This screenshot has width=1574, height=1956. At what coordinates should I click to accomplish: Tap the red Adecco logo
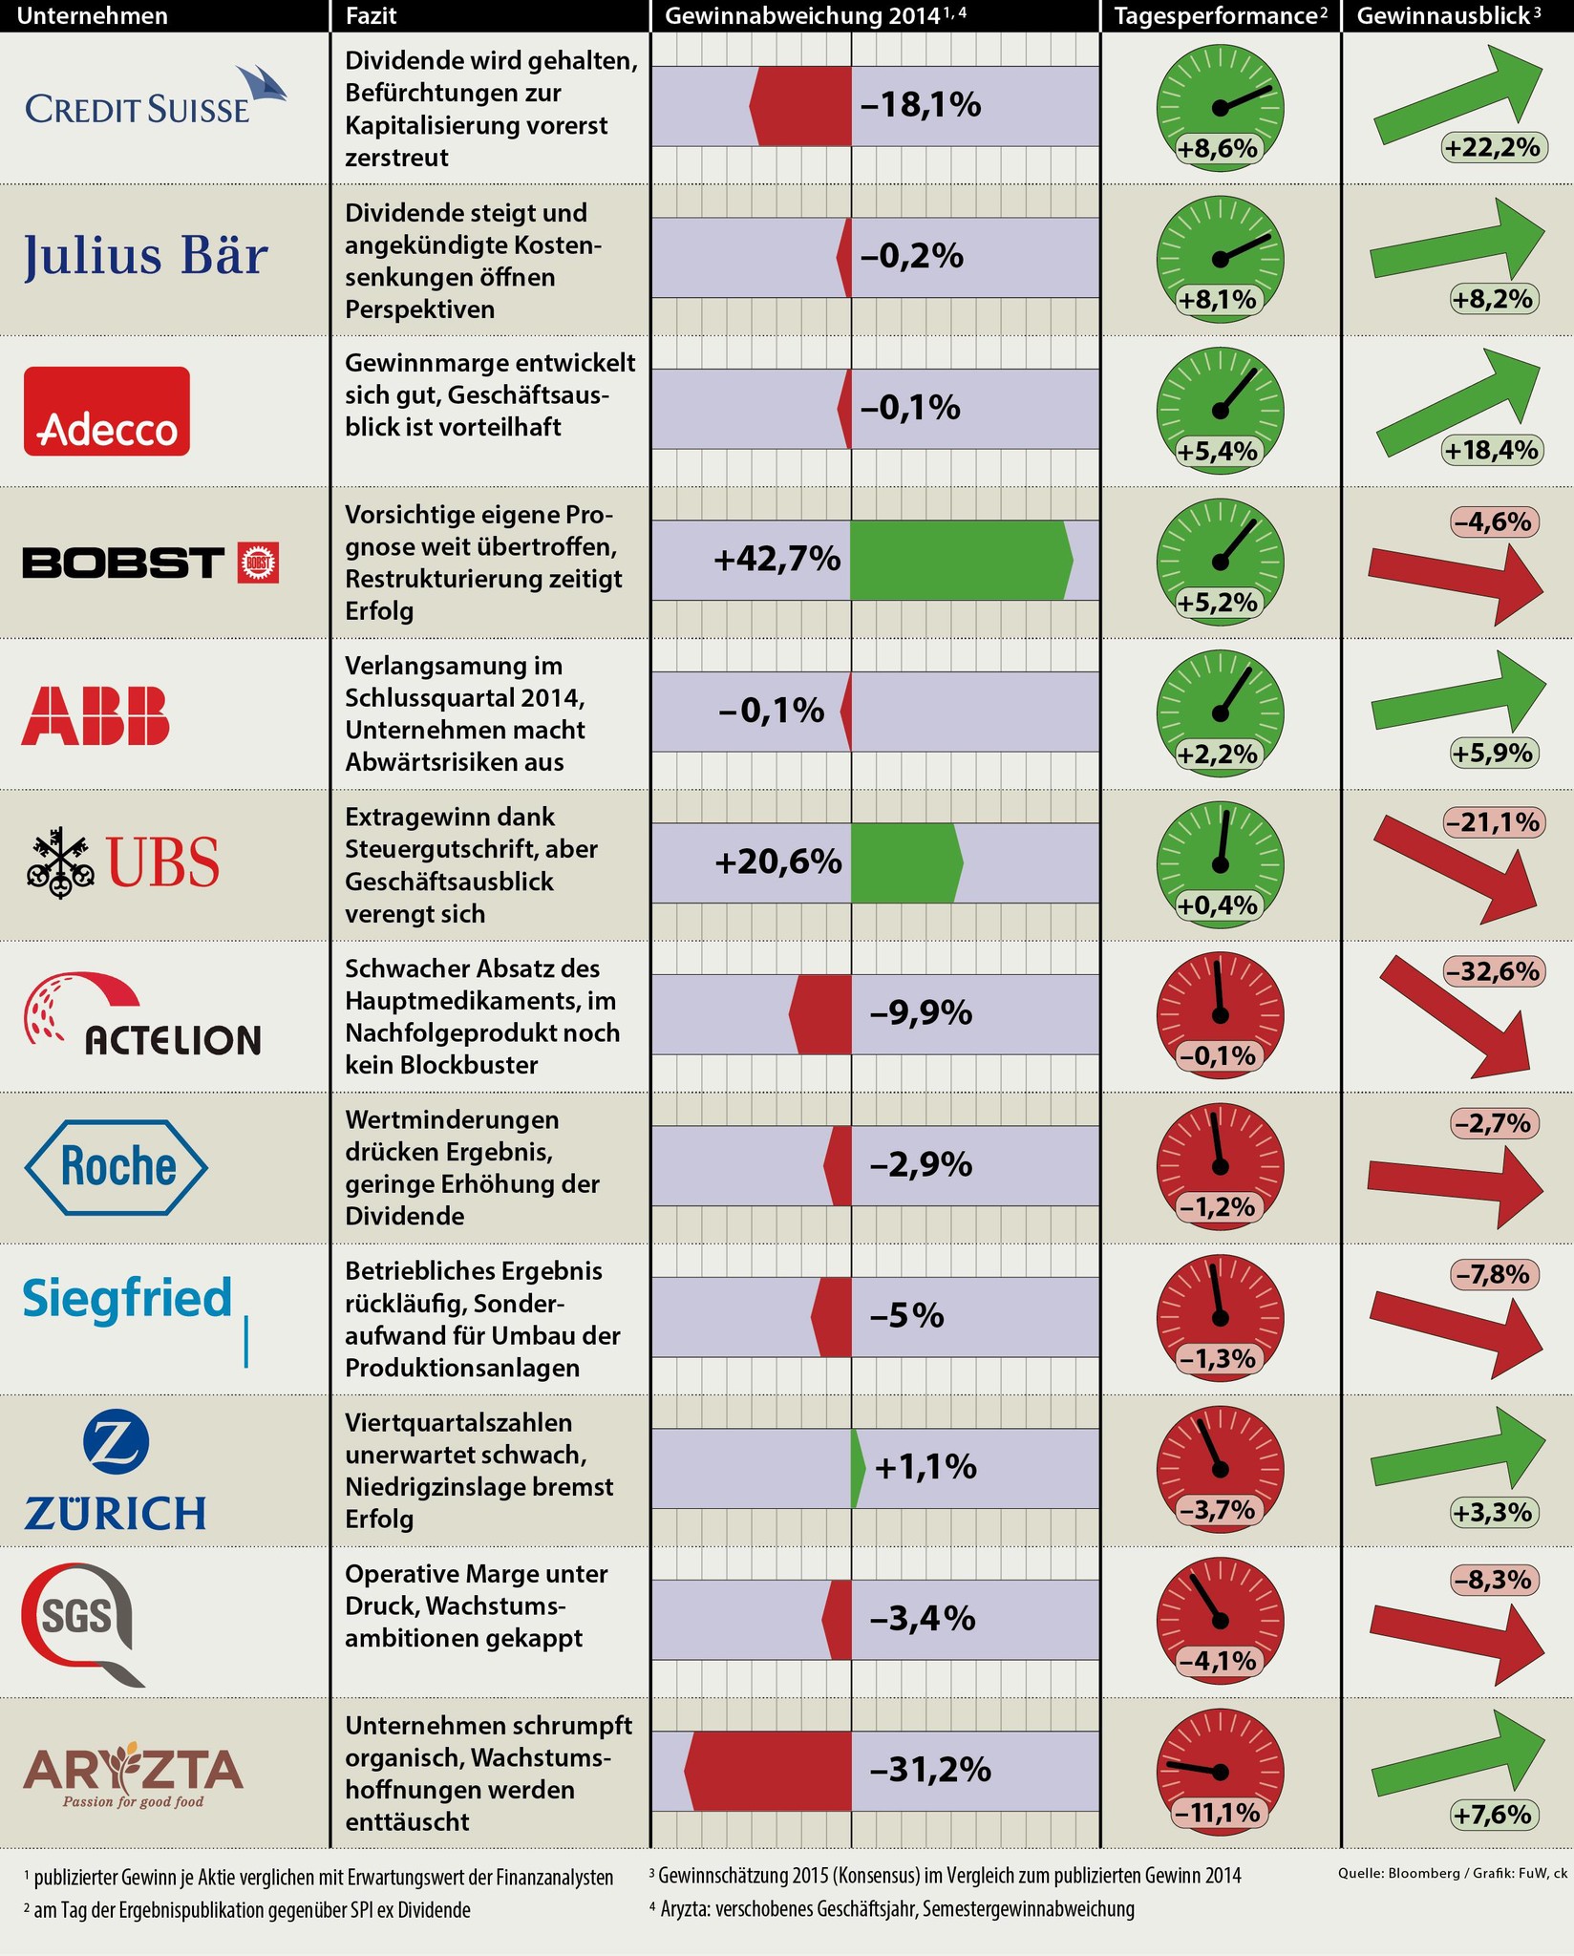107,411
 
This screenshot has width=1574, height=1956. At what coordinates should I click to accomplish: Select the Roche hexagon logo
116,1166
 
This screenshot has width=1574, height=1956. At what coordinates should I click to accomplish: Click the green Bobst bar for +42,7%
959,561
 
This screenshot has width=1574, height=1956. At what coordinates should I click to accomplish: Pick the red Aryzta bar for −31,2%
769,1771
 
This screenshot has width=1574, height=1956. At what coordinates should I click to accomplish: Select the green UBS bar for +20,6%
905,863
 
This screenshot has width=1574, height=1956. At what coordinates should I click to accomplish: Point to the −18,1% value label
920,105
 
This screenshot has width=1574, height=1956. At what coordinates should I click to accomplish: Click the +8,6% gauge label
1218,149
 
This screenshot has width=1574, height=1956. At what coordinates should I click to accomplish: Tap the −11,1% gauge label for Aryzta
1218,1813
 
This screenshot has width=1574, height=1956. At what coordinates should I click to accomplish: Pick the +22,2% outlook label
1492,148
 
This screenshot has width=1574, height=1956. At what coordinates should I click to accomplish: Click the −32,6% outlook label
1493,971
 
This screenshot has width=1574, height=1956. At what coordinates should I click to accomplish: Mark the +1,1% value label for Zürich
925,1468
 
